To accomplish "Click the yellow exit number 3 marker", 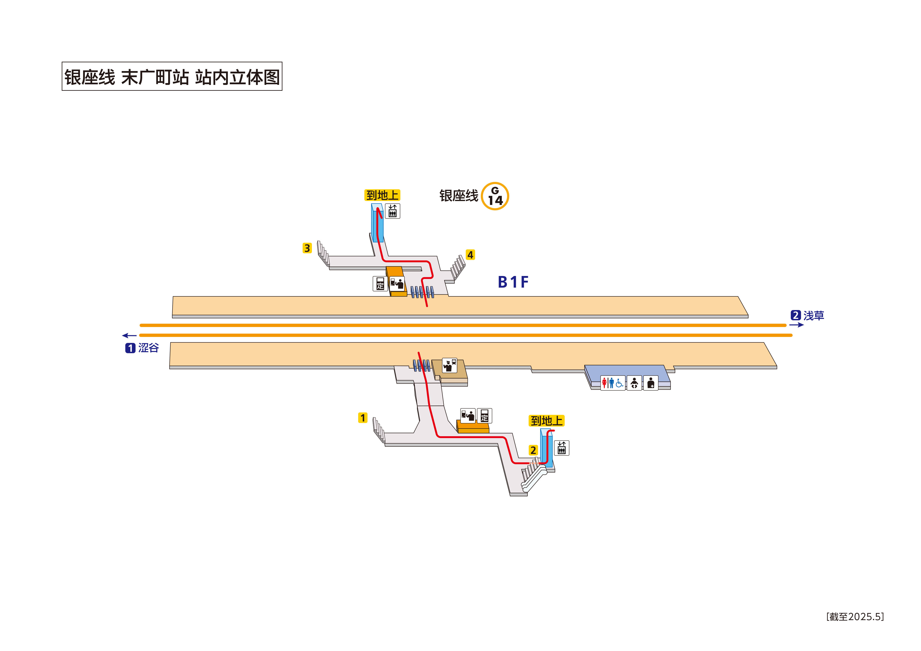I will (x=307, y=248).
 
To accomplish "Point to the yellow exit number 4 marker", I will (x=470, y=255).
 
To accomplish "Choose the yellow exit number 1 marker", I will (x=363, y=418).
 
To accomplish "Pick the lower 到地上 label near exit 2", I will (x=546, y=421).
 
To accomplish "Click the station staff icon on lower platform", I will (x=449, y=365).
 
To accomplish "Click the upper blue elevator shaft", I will (x=377, y=223).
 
